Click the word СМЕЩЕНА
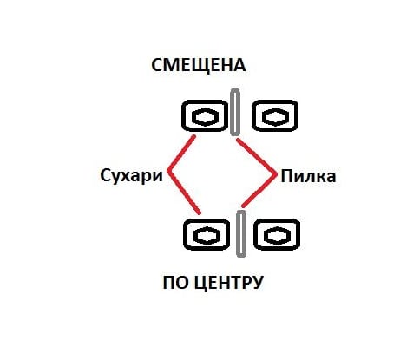tap(199, 65)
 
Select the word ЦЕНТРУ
tap(227, 284)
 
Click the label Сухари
tap(132, 175)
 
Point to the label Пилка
tap(308, 176)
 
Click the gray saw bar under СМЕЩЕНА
tap(235, 112)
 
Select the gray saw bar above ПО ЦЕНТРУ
tap(241, 233)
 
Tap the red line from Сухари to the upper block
tap(181, 154)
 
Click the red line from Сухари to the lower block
tap(184, 192)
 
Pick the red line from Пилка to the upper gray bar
tap(256, 156)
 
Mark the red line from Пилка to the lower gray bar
tap(259, 190)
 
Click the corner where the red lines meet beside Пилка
tap(275, 174)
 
